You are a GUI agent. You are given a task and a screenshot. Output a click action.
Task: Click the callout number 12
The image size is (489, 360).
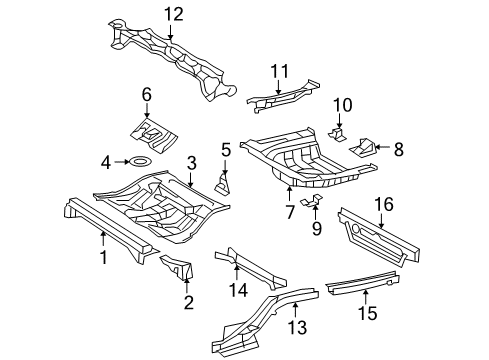[174, 15]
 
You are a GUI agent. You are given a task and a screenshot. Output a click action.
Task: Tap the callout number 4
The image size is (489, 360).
[106, 163]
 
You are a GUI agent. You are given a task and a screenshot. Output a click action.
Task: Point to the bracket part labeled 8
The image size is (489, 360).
[362, 148]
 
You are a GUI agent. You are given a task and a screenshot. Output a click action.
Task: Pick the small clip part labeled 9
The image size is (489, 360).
[312, 201]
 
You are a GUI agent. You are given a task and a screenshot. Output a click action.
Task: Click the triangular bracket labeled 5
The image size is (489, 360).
[223, 184]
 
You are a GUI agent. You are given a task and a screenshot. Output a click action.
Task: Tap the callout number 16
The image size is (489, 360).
[384, 204]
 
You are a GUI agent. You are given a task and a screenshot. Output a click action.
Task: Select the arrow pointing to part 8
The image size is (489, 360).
[382, 147]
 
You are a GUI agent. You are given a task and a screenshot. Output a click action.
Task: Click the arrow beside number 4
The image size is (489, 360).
[122, 162]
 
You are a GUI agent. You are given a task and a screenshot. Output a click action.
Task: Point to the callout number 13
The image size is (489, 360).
[297, 327]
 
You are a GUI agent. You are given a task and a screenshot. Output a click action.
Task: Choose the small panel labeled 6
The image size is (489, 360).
[154, 134]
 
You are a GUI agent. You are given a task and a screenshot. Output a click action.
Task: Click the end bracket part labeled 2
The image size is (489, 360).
[178, 266]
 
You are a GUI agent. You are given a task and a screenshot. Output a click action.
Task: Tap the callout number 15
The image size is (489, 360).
[368, 313]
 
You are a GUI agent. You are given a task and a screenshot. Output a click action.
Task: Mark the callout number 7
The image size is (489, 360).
[290, 212]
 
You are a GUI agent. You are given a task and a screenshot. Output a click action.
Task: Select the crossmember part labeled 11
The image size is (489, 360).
[283, 96]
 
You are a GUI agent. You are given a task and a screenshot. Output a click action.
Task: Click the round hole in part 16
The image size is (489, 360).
[356, 229]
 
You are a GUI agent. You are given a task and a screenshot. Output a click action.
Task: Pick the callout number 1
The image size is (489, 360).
[104, 257]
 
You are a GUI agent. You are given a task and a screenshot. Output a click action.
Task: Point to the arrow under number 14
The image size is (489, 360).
[236, 271]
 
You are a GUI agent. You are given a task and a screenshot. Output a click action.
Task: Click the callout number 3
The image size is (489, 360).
[191, 163]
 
